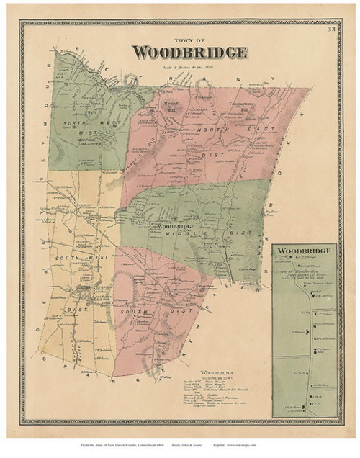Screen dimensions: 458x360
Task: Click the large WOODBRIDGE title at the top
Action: click(x=190, y=53)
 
